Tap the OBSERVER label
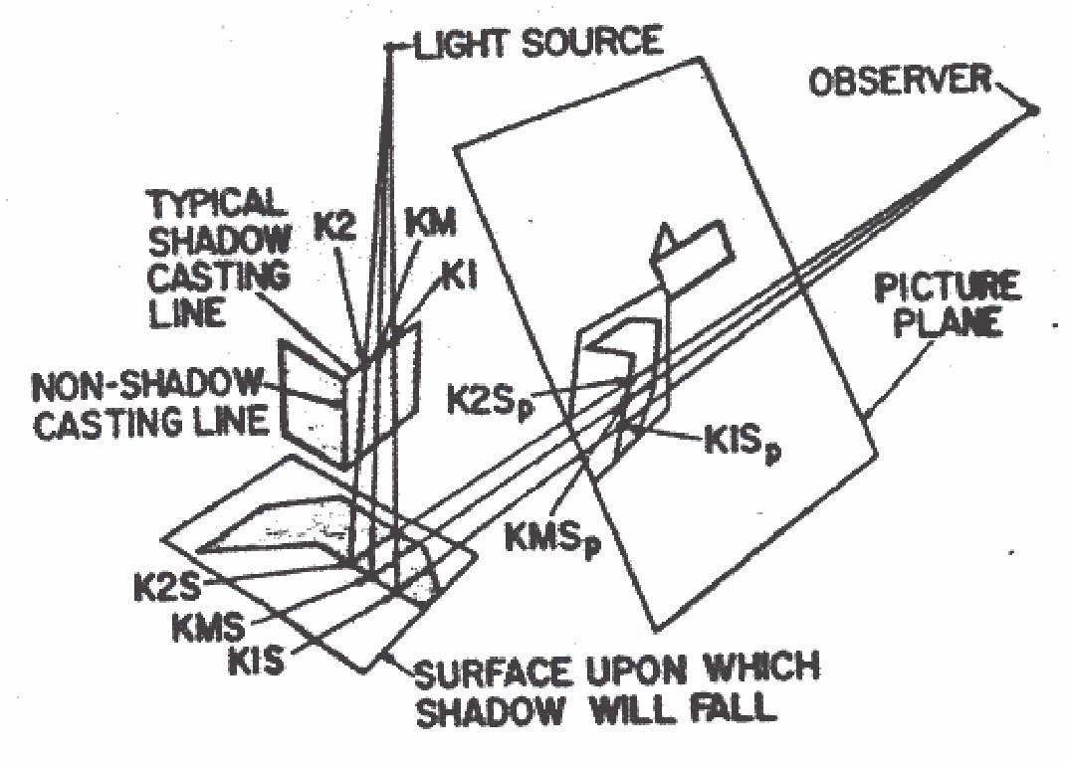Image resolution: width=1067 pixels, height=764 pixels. point(902,82)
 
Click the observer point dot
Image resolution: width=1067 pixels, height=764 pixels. point(1034,110)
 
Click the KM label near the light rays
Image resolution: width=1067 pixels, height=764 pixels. point(431,224)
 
